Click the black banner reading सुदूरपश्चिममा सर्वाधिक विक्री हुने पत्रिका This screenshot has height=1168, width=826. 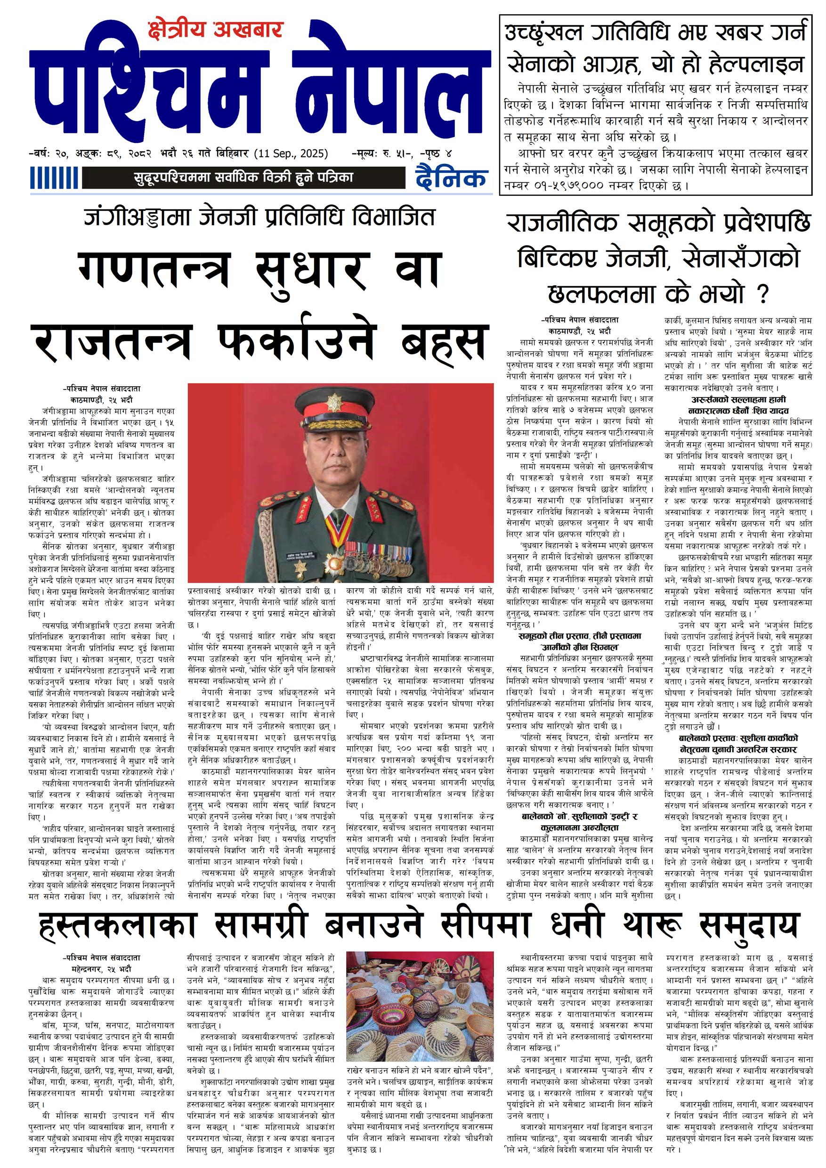pos(243,178)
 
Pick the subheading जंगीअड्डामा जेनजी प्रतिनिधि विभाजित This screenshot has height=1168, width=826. pos(259,217)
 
